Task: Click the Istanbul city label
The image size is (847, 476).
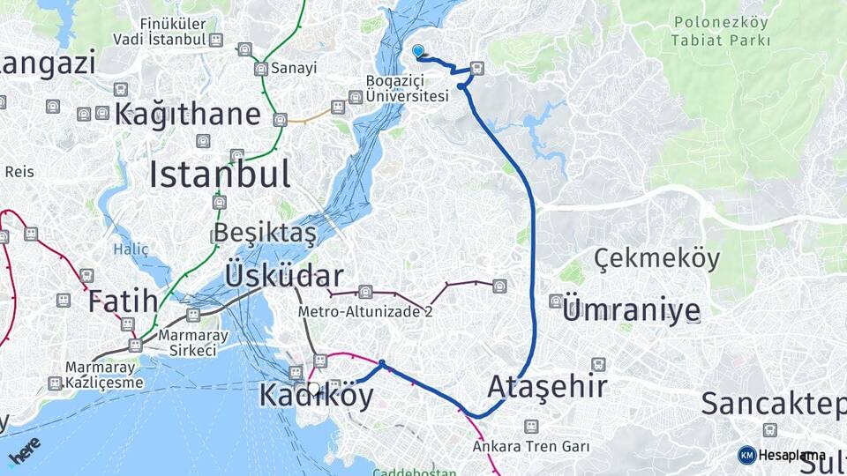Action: (219, 175)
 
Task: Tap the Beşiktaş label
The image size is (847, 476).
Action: (264, 234)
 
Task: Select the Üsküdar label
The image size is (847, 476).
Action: (283, 275)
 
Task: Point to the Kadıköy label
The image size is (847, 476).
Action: (316, 396)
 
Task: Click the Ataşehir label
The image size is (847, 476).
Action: (547, 386)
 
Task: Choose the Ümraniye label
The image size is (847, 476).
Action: (631, 309)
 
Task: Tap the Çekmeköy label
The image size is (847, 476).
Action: (656, 259)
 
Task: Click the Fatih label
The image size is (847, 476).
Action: (123, 301)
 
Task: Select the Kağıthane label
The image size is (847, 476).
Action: (187, 114)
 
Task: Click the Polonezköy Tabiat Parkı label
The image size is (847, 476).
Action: (720, 31)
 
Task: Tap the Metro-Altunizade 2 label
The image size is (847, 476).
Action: (365, 311)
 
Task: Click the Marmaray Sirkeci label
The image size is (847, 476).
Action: (187, 343)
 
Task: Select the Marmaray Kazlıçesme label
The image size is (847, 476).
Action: (103, 376)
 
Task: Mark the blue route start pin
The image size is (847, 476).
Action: (417, 52)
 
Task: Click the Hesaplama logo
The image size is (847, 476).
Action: (783, 455)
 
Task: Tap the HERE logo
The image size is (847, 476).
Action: (24, 450)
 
